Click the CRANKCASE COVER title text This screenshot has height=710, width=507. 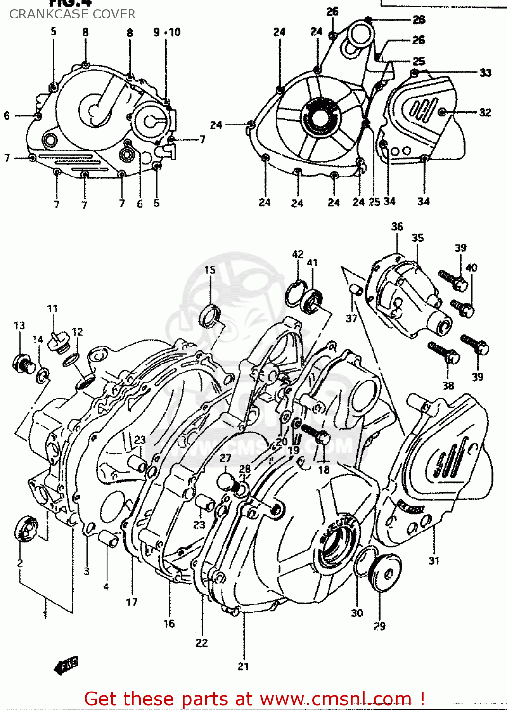pos(72,14)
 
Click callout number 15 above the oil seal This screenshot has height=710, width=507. pos(210,270)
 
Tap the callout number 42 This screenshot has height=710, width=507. pos(297,254)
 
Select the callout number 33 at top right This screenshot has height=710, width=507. pos(485,72)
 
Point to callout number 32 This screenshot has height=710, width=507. pos(485,112)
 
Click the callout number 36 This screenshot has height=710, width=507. pos(397,227)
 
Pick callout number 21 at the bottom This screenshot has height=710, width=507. pos(243,666)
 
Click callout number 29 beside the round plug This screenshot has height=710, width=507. pos(380,626)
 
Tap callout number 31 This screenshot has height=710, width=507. pos(434,560)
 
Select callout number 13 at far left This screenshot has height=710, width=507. pos(19,325)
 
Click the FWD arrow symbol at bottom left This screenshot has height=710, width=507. pos(66,666)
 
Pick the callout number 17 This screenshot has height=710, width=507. pos(132,602)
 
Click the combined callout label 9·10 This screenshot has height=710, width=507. pos(167,32)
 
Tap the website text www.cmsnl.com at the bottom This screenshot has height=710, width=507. pos(336,699)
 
